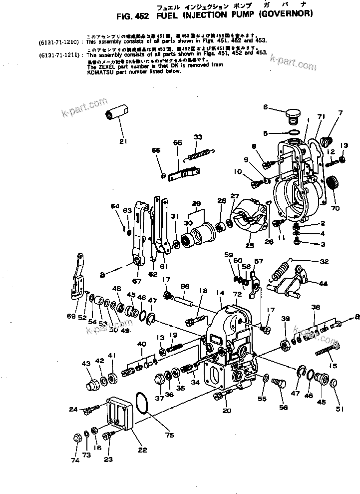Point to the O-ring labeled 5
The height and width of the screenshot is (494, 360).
coord(295,133)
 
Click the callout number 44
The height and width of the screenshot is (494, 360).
coord(324,283)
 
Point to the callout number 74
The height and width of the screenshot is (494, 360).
coord(75,460)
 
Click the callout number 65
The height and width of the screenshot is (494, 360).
coord(178,142)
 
